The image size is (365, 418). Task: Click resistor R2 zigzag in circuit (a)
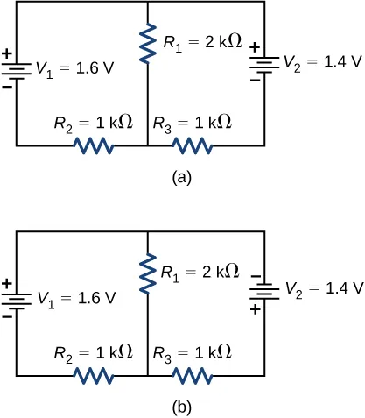click(94, 145)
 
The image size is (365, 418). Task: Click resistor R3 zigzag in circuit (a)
click(193, 145)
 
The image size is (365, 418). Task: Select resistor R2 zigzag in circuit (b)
click(94, 376)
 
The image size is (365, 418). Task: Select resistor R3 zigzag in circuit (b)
click(193, 376)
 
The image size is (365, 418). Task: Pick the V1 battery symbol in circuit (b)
click(17, 299)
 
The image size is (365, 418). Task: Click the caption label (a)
click(181, 177)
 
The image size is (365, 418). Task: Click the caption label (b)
click(181, 407)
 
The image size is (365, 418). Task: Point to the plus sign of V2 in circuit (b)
click(256, 309)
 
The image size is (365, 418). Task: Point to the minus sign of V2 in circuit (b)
click(256, 277)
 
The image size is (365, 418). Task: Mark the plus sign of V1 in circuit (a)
click(7, 53)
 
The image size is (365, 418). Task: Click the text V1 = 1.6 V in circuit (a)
click(74, 67)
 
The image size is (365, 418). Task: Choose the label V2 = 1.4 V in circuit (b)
click(322, 287)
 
